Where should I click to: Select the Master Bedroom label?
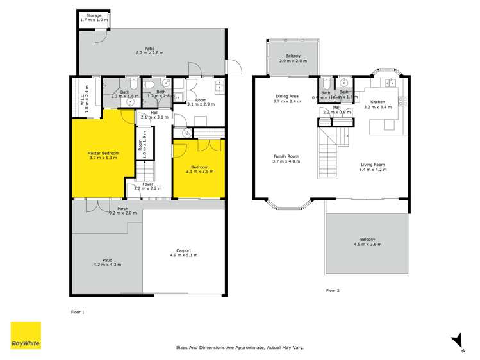pyautogui.click(x=103, y=153)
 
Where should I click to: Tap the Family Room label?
pyautogui.click(x=287, y=156)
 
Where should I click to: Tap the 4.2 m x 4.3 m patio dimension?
pyautogui.click(x=107, y=264)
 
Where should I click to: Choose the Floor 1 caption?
pyautogui.click(x=78, y=311)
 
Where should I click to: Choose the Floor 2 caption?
pyautogui.click(x=333, y=290)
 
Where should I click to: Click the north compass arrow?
pyautogui.click(x=456, y=340)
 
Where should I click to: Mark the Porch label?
pyautogui.click(x=122, y=208)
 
